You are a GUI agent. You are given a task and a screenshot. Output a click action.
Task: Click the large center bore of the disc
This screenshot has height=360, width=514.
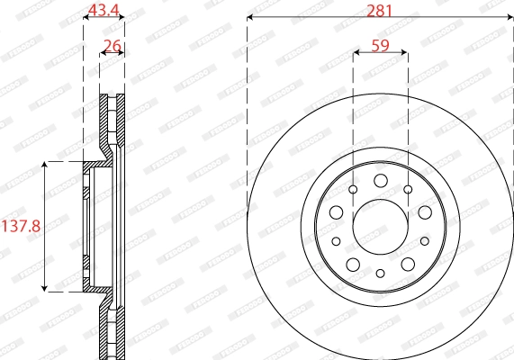pos(380,226)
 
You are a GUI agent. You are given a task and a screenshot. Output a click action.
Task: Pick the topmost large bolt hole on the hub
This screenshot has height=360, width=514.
pos(380,180)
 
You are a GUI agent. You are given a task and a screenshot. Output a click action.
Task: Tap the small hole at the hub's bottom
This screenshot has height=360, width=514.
pos(380,273)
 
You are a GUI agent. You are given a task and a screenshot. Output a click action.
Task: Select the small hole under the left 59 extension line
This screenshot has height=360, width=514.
pos(353,189)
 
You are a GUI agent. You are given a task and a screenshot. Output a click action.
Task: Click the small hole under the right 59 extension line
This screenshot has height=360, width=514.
pos(408,189)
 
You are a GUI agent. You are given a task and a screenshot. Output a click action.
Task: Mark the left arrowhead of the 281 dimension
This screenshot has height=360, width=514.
pos(249,19)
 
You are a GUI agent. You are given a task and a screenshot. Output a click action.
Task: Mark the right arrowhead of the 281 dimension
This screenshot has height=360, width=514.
pos(511,19)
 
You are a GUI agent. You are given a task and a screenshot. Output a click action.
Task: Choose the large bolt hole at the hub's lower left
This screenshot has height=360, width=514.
pos(353,263)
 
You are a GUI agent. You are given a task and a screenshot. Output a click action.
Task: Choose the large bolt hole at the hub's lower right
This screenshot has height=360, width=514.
pos(408,263)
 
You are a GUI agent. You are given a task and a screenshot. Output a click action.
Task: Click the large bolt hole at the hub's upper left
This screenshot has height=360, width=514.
pos(336,212)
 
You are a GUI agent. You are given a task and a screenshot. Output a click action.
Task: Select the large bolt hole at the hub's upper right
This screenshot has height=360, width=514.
pos(424,212)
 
